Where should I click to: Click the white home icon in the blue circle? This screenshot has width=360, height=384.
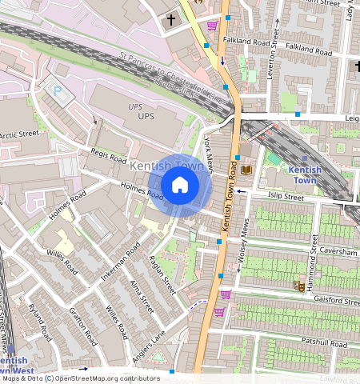pos(180,186)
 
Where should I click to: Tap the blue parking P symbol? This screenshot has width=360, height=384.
pos(58,91)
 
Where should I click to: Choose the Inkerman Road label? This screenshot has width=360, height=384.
pos(120,262)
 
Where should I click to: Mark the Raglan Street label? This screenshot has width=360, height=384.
pos(163,274)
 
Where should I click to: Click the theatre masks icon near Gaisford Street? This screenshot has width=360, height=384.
pos(298,285)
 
